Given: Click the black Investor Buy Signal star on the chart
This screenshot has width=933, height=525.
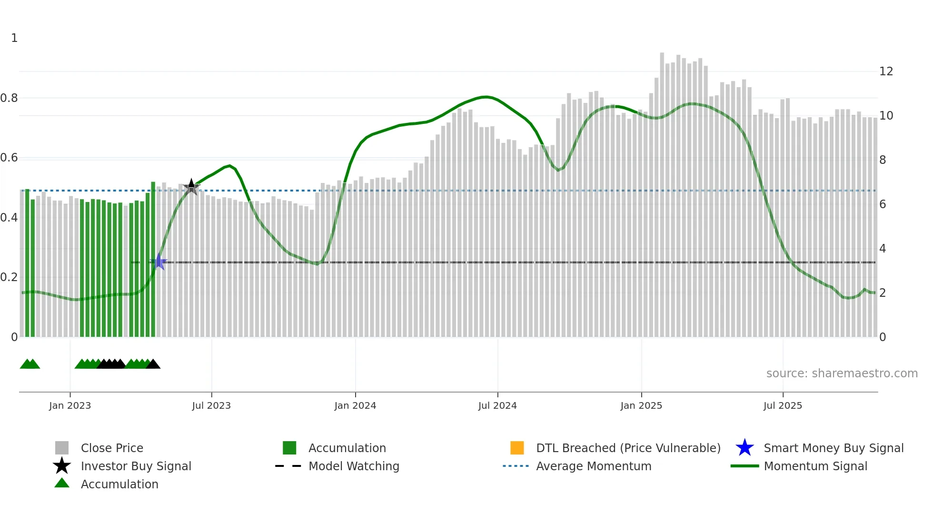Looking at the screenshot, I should click(x=191, y=187).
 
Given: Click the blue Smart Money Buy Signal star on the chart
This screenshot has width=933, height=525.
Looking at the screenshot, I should click(x=159, y=262).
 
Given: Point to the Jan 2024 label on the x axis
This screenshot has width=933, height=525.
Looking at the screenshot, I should click(x=355, y=405).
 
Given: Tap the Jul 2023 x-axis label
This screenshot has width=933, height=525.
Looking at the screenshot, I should click(x=211, y=405).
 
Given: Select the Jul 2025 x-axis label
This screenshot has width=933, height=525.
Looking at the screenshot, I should click(x=783, y=405).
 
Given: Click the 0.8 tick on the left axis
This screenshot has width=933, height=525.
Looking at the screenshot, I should click(x=9, y=98).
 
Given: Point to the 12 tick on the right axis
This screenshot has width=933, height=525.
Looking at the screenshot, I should click(x=886, y=71).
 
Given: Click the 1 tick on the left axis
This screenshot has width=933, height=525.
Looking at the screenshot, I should click(x=14, y=38).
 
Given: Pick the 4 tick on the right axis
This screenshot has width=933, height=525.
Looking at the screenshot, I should click(x=883, y=249).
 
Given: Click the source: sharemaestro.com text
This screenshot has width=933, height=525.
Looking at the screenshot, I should click(x=842, y=374).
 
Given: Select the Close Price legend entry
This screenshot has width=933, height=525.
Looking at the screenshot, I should click(x=112, y=448).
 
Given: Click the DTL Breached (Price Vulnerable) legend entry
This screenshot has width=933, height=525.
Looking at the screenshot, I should click(x=628, y=448).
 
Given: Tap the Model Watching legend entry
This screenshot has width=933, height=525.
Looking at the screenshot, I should click(x=354, y=466).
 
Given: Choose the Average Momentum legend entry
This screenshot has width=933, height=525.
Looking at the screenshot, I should click(x=593, y=466).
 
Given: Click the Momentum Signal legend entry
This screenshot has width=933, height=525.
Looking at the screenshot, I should click(x=815, y=466).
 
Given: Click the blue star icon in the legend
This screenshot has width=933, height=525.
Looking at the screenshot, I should click(x=744, y=448).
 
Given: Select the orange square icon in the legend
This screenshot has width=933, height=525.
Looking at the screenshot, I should click(x=517, y=448).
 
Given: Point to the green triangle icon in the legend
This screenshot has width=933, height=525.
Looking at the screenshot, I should click(x=62, y=483).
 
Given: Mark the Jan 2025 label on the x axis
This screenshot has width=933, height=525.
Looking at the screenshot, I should click(x=641, y=405).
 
